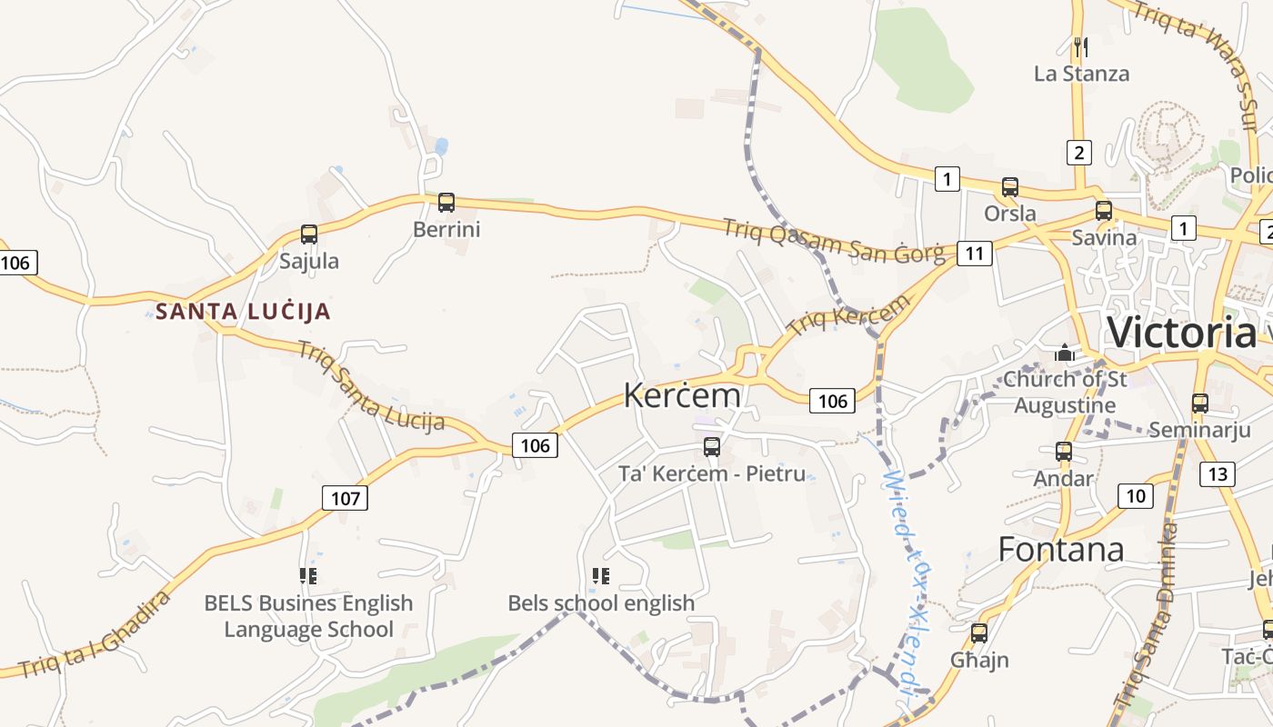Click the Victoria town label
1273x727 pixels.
1182,333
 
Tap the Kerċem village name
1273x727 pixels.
682,395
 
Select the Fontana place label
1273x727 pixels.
1061,550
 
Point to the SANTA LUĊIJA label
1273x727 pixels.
243,312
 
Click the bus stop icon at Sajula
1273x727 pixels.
309,234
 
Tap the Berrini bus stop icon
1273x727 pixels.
446,203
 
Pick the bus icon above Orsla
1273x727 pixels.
1009,187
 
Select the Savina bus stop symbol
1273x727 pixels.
1104,211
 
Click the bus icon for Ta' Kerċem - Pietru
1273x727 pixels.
712,447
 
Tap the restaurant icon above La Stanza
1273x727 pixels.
1081,46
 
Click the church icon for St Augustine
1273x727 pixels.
1064,353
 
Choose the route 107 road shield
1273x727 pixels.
346,497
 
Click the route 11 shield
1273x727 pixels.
974,253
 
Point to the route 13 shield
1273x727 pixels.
1218,473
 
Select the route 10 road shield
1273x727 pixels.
1136,496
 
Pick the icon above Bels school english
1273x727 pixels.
600,575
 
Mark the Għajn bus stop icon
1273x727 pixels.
979,633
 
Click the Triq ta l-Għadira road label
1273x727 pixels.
95,636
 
